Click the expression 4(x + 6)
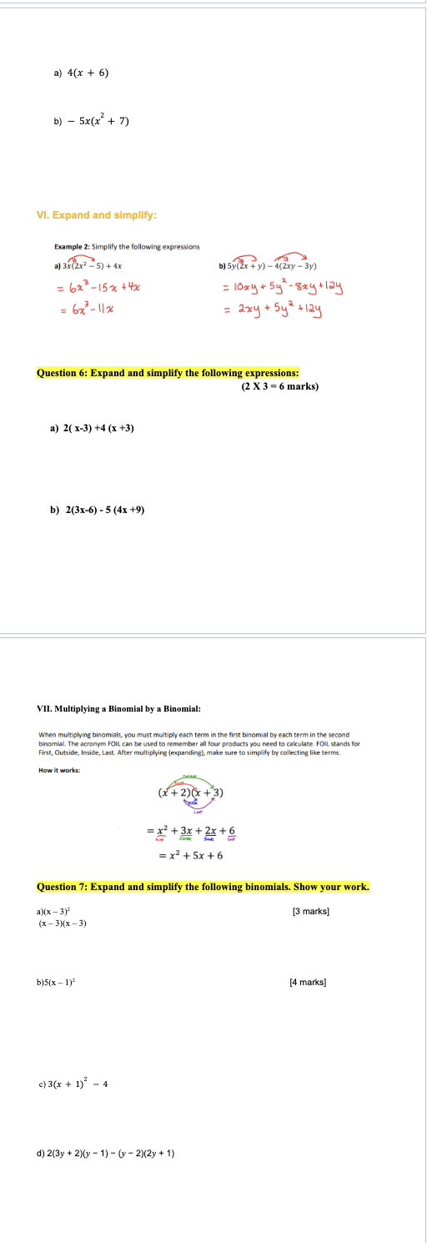click(x=87, y=73)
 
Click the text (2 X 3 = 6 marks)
click(x=280, y=386)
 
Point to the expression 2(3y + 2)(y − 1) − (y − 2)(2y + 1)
click(x=109, y=1154)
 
